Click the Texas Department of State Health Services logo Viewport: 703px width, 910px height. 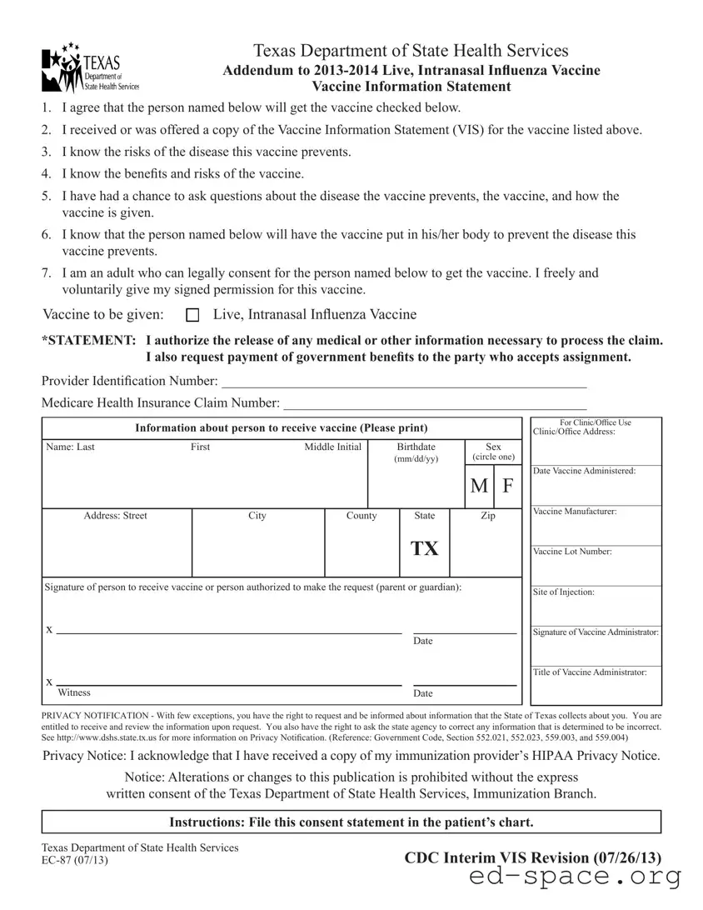(x=90, y=67)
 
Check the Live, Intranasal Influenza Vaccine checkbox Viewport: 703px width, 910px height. (x=193, y=315)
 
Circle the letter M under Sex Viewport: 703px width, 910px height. (x=479, y=486)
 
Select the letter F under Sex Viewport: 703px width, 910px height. (x=507, y=486)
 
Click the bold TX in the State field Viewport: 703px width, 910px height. (x=424, y=549)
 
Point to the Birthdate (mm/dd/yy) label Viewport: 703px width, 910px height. (x=416, y=452)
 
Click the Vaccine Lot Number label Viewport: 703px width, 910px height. (x=572, y=552)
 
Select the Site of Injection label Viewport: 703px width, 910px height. (x=563, y=592)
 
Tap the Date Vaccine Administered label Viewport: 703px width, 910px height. (x=584, y=471)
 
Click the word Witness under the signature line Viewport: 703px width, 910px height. (x=74, y=692)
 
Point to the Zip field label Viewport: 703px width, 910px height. (x=488, y=516)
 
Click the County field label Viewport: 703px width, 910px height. (x=361, y=516)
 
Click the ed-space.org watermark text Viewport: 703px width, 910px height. (x=576, y=877)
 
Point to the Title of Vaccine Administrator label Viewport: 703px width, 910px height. (x=590, y=672)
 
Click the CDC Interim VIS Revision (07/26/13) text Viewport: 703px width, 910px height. (x=532, y=857)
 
